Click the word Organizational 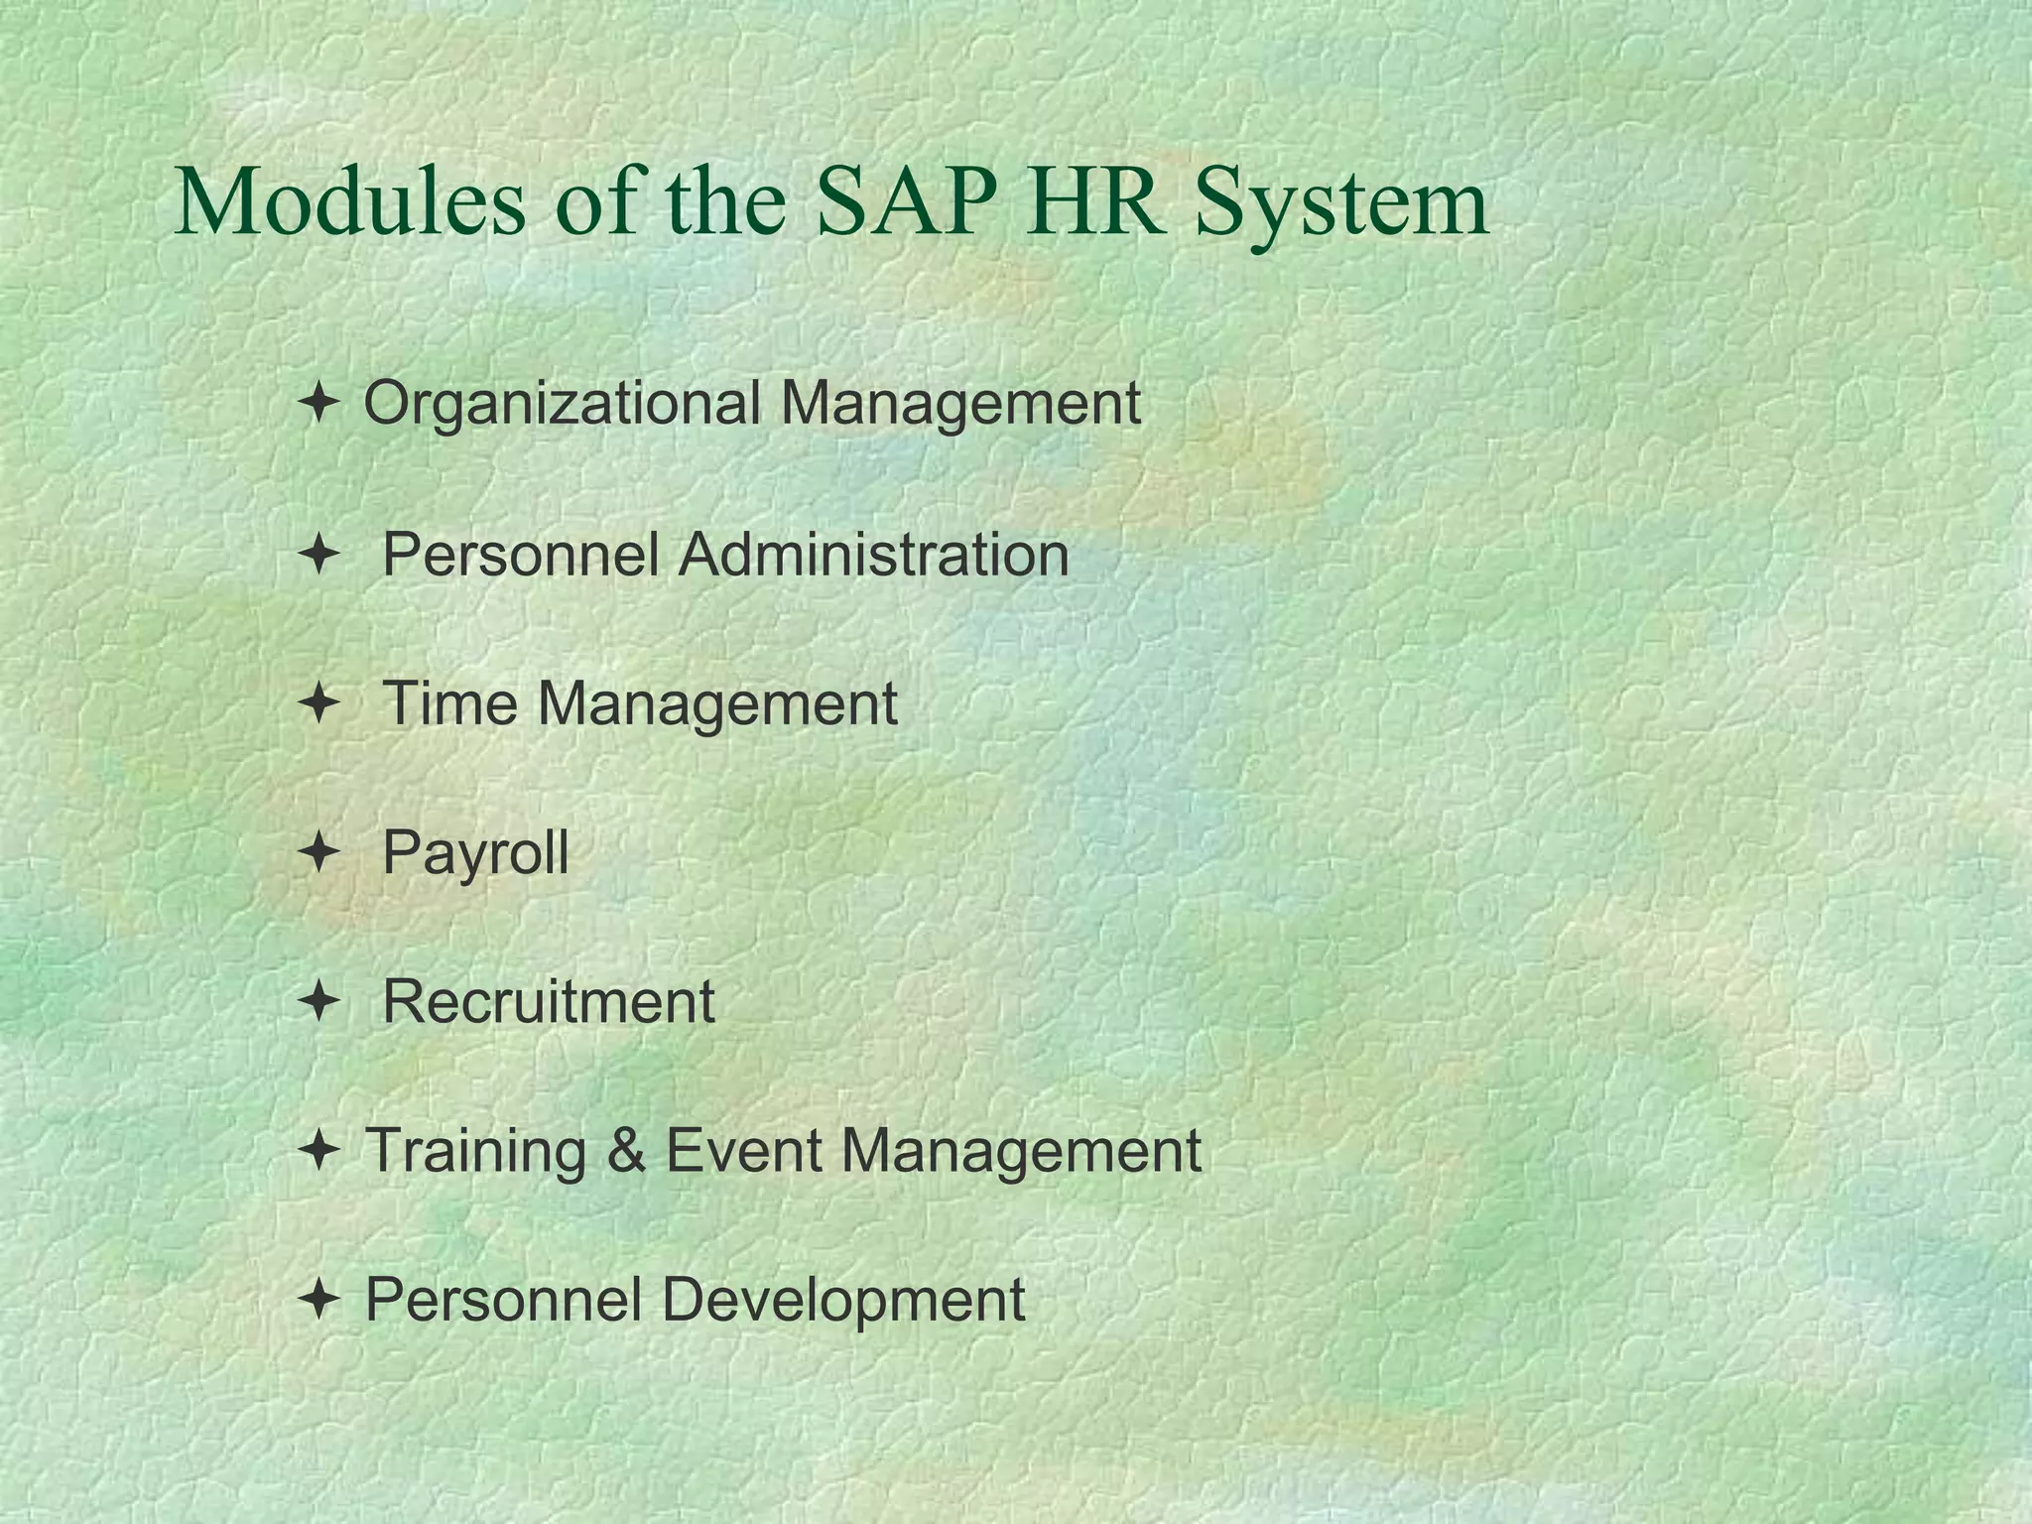[562, 405]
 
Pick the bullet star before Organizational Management [318, 404]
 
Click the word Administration [874, 554]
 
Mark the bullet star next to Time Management [318, 702]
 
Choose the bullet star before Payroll [318, 851]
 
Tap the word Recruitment [548, 1001]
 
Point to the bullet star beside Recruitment [318, 1000]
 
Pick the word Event [742, 1151]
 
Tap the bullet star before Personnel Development [318, 1299]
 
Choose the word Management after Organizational [959, 405]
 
